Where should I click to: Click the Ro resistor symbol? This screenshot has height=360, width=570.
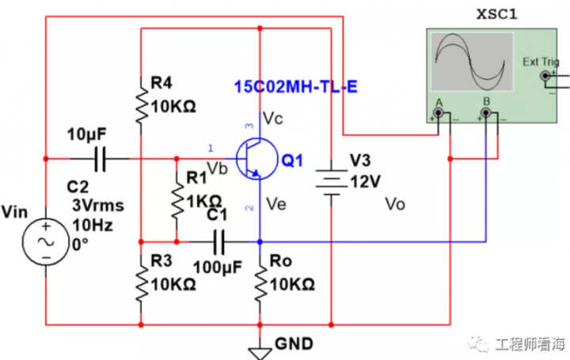[260, 279]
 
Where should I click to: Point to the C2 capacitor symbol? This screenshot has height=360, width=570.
[99, 158]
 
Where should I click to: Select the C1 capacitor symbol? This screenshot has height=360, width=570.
[218, 240]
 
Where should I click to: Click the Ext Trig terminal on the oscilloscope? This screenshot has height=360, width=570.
[545, 76]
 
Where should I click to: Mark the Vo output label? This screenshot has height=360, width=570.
[394, 205]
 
